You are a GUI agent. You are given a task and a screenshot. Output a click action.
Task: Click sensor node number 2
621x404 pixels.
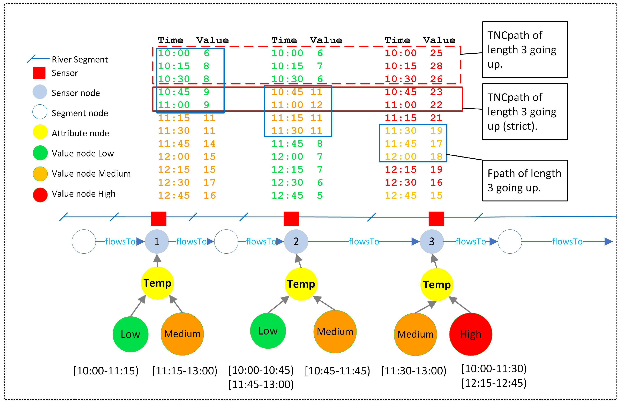click(x=296, y=241)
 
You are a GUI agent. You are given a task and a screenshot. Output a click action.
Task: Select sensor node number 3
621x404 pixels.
click(x=432, y=241)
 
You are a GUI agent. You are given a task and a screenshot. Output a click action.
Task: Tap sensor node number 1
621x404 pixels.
click(x=157, y=241)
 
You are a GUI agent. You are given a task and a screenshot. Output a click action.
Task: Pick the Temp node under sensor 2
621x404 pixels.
click(x=301, y=284)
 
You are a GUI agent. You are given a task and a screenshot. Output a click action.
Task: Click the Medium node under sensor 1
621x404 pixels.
click(x=182, y=334)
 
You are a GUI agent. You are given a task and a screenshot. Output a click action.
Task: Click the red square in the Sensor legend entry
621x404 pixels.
click(x=39, y=73)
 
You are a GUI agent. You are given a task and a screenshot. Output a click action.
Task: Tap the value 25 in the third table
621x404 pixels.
click(x=436, y=53)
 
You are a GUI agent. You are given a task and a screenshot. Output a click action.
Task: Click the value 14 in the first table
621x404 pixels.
click(x=209, y=144)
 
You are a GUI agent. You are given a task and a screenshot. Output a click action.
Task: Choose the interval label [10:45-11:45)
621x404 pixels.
click(x=337, y=371)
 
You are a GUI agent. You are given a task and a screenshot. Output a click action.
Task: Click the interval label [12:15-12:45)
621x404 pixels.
click(x=494, y=383)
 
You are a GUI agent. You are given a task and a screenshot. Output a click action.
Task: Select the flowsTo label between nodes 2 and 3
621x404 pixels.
click(x=364, y=242)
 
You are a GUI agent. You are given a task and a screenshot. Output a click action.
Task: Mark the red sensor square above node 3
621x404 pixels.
click(x=436, y=219)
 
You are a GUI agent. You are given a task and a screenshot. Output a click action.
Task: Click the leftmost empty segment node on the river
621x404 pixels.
click(x=84, y=241)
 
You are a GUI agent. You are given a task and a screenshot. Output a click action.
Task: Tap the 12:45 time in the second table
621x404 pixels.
click(x=287, y=196)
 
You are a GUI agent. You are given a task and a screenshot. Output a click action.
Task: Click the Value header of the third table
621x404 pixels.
click(x=439, y=41)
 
